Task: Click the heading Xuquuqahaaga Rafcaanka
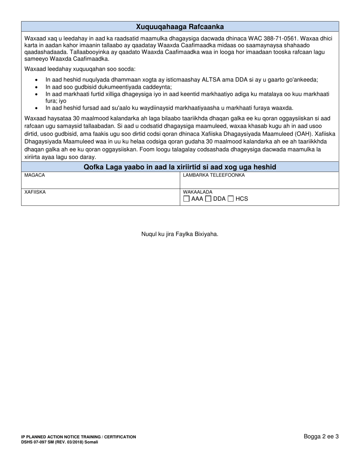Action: (180, 27)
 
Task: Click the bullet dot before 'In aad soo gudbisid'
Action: (36, 87)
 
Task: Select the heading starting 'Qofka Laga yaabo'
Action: (180, 167)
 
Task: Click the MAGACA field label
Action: (34, 175)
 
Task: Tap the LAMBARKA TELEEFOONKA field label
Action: (214, 175)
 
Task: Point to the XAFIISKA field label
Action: (35, 192)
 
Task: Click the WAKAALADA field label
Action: (197, 192)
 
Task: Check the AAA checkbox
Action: (186, 199)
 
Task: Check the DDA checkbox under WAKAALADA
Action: (208, 199)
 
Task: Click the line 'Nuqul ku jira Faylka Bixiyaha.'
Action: (180, 234)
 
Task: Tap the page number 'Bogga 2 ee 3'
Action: (321, 436)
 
